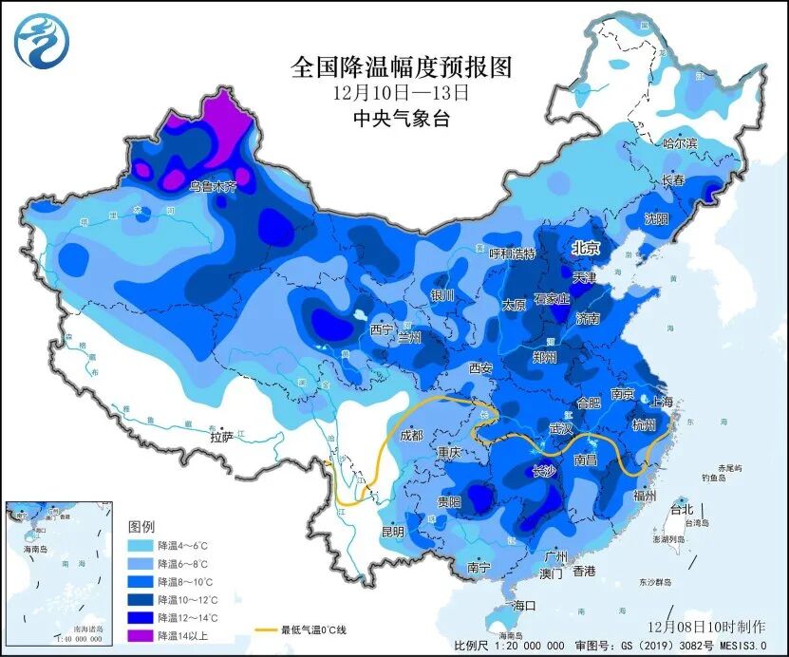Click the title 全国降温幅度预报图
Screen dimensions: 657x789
coord(402,67)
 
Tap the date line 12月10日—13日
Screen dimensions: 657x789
coord(402,93)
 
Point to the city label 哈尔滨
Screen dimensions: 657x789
coord(679,143)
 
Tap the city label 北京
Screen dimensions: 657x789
coord(586,248)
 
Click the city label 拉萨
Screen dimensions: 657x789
coord(221,438)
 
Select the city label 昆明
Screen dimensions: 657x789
coord(393,530)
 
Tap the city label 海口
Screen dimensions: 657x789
coord(524,605)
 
